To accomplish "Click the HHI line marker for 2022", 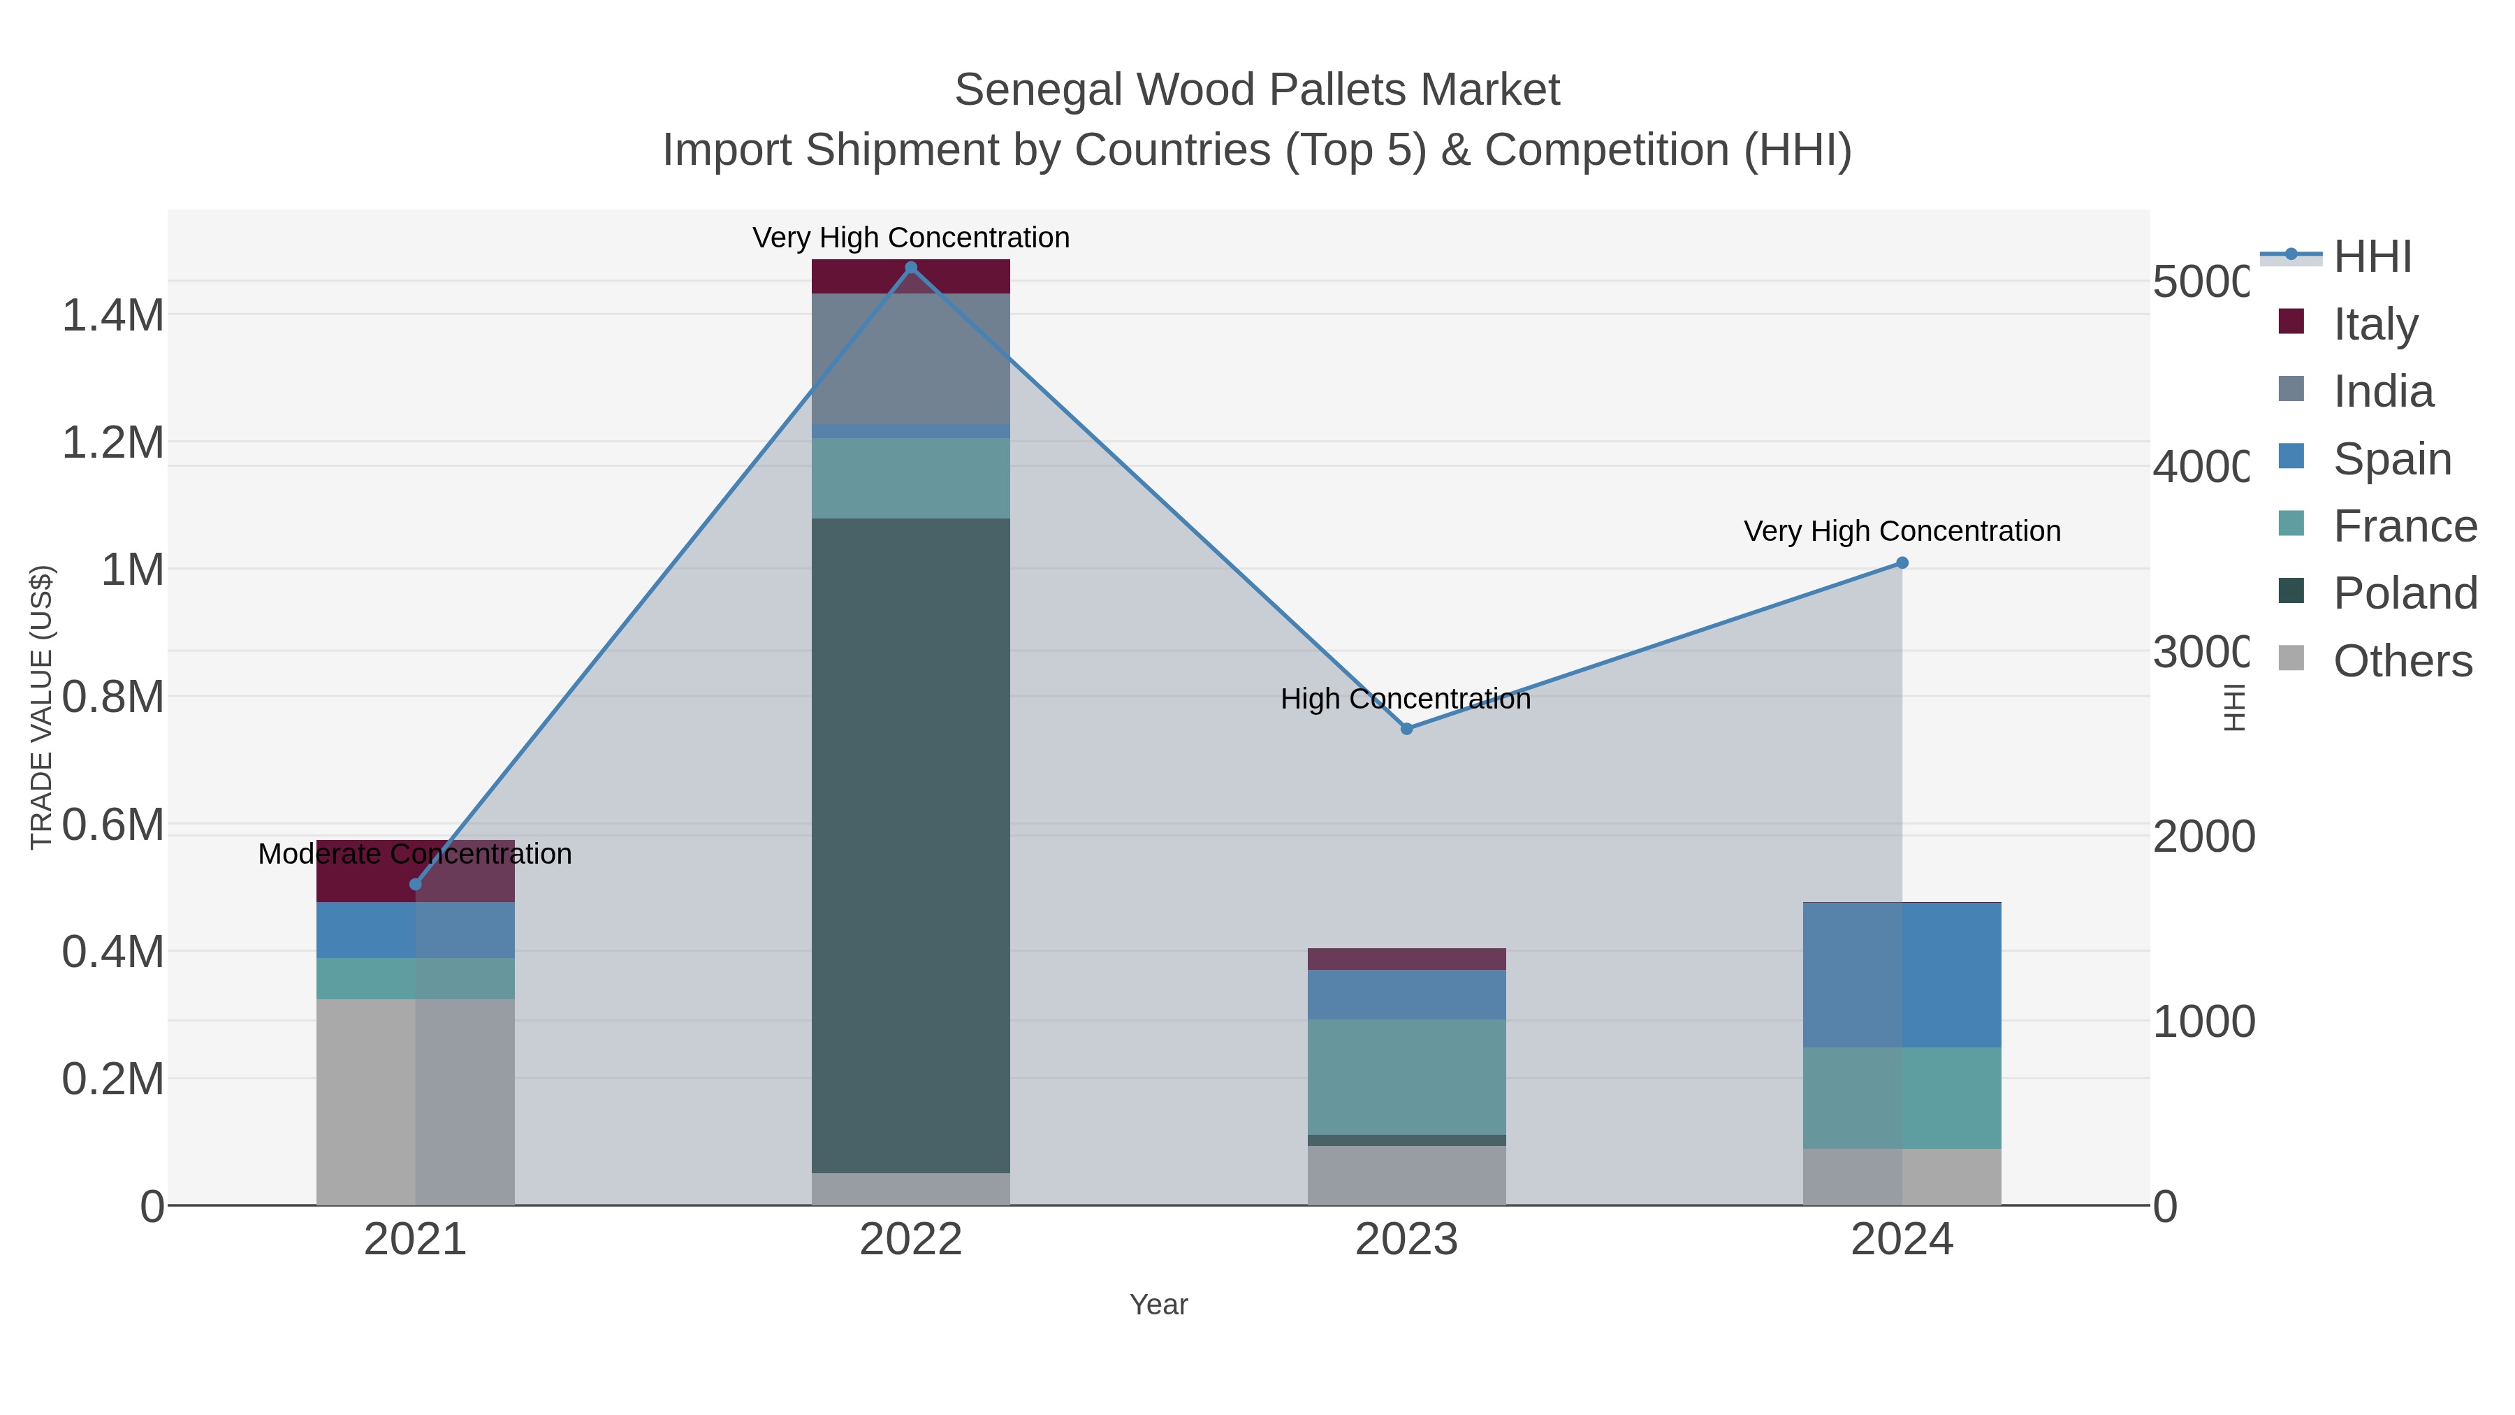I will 911,268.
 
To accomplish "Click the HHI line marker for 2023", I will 1406,729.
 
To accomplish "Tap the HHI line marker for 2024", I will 1902,563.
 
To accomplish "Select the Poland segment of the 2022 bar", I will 911,845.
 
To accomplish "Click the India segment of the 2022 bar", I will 911,358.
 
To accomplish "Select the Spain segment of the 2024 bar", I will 1902,975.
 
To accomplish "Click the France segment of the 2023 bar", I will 1406,1076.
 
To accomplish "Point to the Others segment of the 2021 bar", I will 415,1101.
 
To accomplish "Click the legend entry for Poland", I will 2404,593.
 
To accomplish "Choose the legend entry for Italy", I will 2375,324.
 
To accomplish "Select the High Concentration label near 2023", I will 1406,699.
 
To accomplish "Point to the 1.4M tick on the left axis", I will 113,315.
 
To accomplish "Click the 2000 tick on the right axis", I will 2203,837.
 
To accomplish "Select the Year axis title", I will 1158,1305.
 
